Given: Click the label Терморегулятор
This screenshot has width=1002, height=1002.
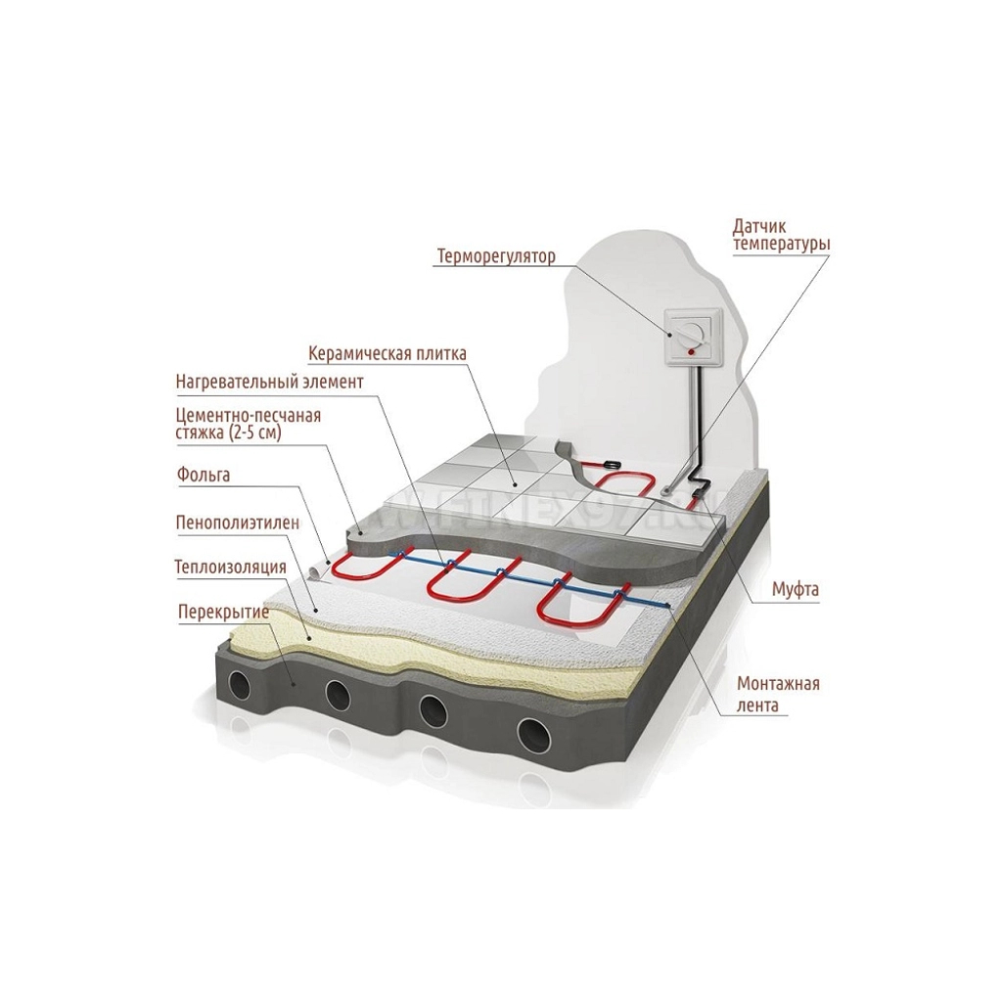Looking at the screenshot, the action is (496, 256).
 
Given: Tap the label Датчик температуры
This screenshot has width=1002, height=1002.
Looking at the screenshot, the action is (781, 235).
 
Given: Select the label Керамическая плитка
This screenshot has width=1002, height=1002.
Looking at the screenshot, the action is (387, 352).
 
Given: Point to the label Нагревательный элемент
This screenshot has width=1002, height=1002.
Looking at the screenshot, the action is (270, 382).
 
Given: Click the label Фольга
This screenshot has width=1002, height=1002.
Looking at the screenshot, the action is (203, 475).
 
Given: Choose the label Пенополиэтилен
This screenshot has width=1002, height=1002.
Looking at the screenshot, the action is (238, 523).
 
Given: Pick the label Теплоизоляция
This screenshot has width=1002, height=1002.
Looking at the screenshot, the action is (231, 567).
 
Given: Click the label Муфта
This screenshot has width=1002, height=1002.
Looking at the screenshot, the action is (795, 589).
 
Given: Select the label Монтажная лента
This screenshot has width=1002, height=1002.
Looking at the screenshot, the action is (778, 695).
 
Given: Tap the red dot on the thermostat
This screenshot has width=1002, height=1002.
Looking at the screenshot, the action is (691, 351).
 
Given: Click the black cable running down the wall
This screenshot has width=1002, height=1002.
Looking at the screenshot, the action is (701, 434).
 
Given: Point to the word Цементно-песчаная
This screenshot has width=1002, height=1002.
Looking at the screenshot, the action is (248, 415).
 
